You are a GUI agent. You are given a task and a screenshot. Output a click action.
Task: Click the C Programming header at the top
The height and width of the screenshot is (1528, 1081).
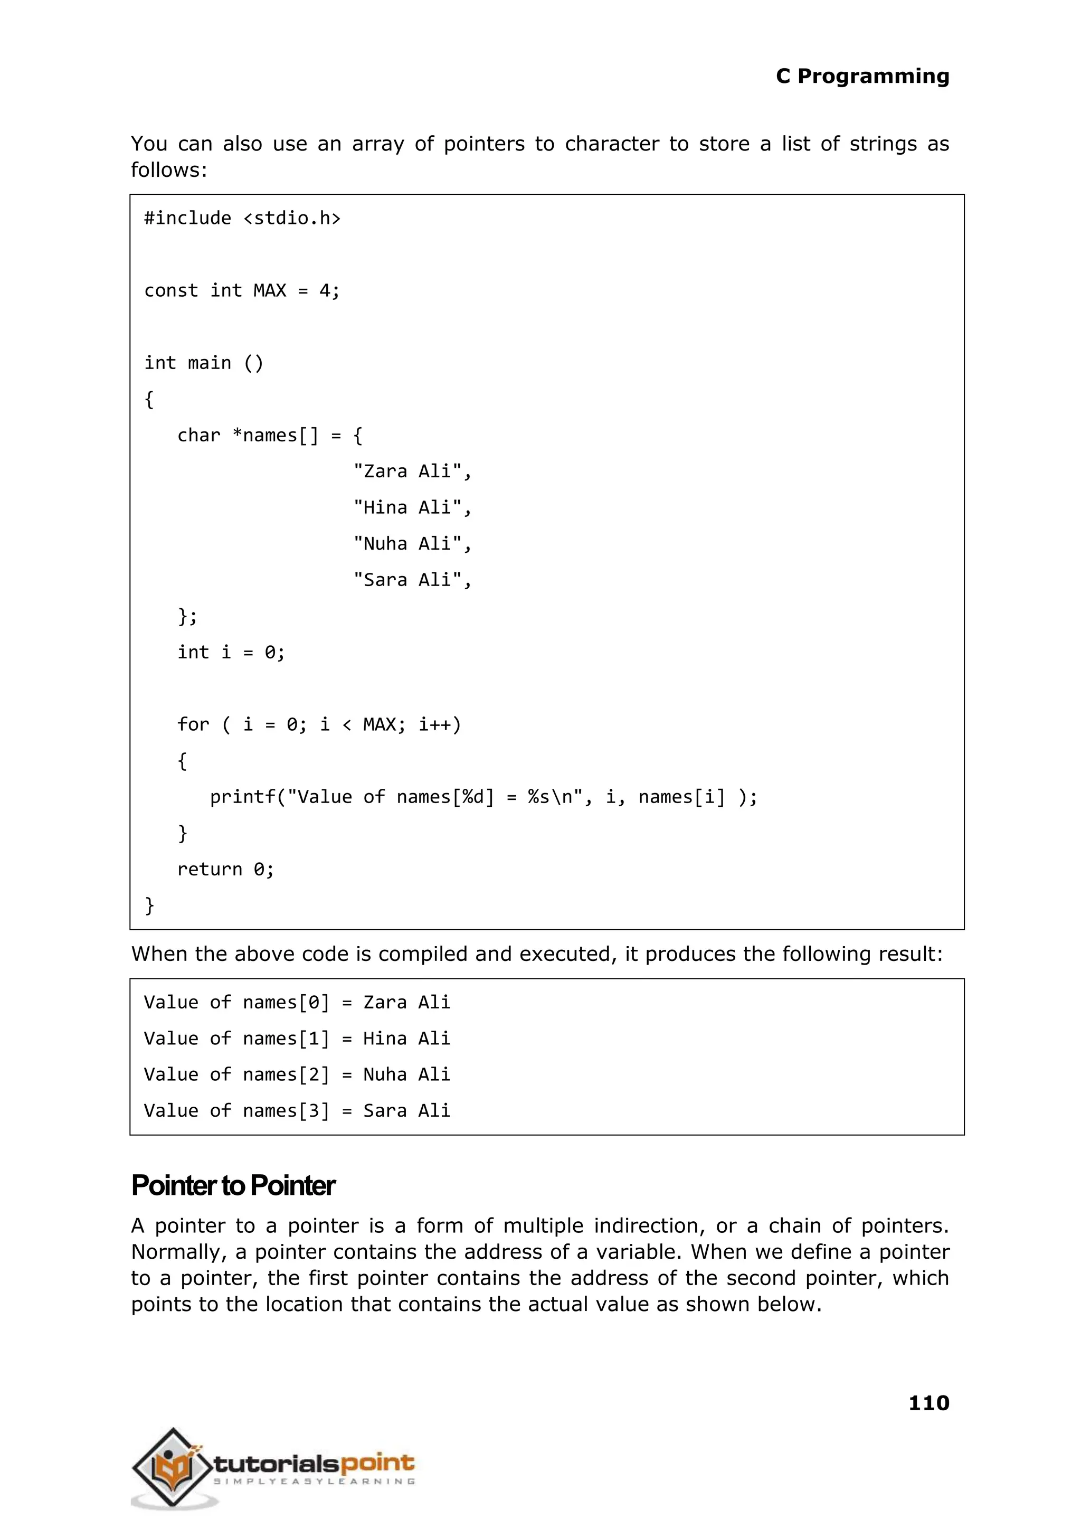pyautogui.click(x=862, y=77)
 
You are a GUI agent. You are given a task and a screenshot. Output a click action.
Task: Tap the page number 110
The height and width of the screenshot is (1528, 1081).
pyautogui.click(x=928, y=1402)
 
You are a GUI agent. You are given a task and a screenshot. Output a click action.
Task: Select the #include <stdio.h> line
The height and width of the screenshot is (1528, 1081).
pyautogui.click(x=242, y=219)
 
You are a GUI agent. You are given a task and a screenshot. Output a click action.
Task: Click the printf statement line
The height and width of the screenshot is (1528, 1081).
pyautogui.click(x=483, y=797)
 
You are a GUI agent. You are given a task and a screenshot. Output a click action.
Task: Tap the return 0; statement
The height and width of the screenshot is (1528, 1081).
pyautogui.click(x=225, y=870)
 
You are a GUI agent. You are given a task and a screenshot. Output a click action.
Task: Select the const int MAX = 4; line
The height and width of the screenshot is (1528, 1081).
pyautogui.click(x=242, y=291)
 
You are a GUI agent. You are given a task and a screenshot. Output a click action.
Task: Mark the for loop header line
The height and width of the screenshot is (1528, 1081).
pyautogui.click(x=319, y=724)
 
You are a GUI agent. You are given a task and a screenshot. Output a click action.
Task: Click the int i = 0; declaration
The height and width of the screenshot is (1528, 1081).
pyautogui.click(x=231, y=653)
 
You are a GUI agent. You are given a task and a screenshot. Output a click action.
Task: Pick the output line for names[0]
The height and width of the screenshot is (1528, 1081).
pyautogui.click(x=297, y=1003)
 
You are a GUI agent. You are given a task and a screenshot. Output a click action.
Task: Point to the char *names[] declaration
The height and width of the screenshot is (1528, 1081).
pyautogui.click(x=270, y=436)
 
